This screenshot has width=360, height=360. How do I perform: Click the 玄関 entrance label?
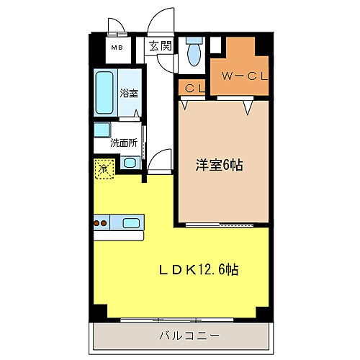[161, 47]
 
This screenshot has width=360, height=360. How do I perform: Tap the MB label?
[115, 48]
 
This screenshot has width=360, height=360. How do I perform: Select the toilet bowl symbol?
[193, 52]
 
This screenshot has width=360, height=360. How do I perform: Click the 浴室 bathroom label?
[130, 93]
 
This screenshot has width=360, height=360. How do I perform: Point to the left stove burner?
[97, 222]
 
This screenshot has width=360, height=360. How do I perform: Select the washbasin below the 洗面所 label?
[130, 163]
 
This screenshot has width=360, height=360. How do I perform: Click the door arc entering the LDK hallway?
[161, 158]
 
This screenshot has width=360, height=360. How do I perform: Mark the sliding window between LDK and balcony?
[180, 319]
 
